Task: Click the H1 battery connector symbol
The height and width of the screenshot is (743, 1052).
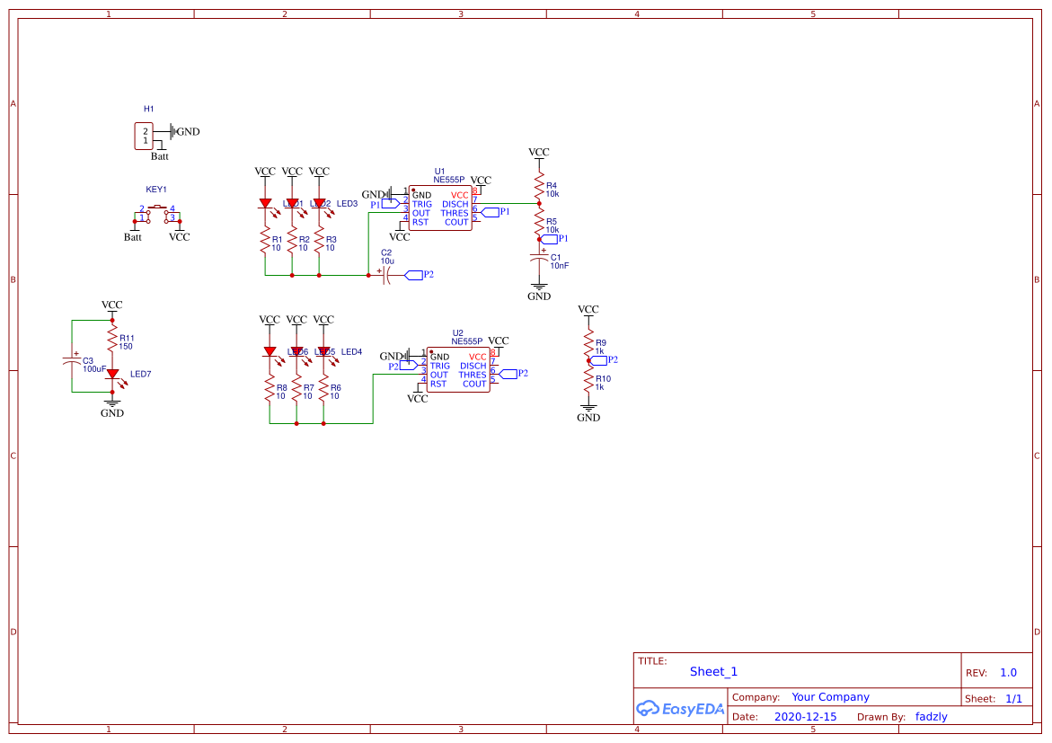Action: click(144, 137)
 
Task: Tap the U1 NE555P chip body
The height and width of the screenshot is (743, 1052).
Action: click(440, 208)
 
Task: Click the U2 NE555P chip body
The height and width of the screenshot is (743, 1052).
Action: click(458, 370)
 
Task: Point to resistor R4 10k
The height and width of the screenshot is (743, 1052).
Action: click(539, 188)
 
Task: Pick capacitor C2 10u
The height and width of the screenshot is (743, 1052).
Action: click(386, 275)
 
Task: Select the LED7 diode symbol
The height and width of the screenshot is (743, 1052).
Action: click(112, 373)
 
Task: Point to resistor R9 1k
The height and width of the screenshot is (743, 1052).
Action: click(588, 344)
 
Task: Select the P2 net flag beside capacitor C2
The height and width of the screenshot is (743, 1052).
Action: click(414, 275)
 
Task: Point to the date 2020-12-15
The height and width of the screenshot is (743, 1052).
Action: click(805, 717)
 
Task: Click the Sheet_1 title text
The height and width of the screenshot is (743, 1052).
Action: click(713, 672)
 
